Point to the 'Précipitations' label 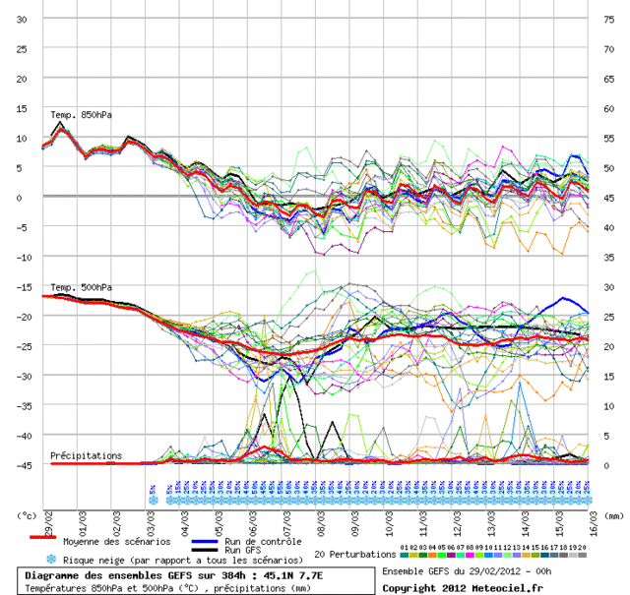(87, 455)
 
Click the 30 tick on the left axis (22, 20)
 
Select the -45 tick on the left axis (21, 465)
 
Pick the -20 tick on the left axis (21, 316)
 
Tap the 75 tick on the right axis (607, 20)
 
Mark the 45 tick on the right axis (607, 198)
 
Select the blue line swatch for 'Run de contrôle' (204, 541)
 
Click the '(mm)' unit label (613, 514)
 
